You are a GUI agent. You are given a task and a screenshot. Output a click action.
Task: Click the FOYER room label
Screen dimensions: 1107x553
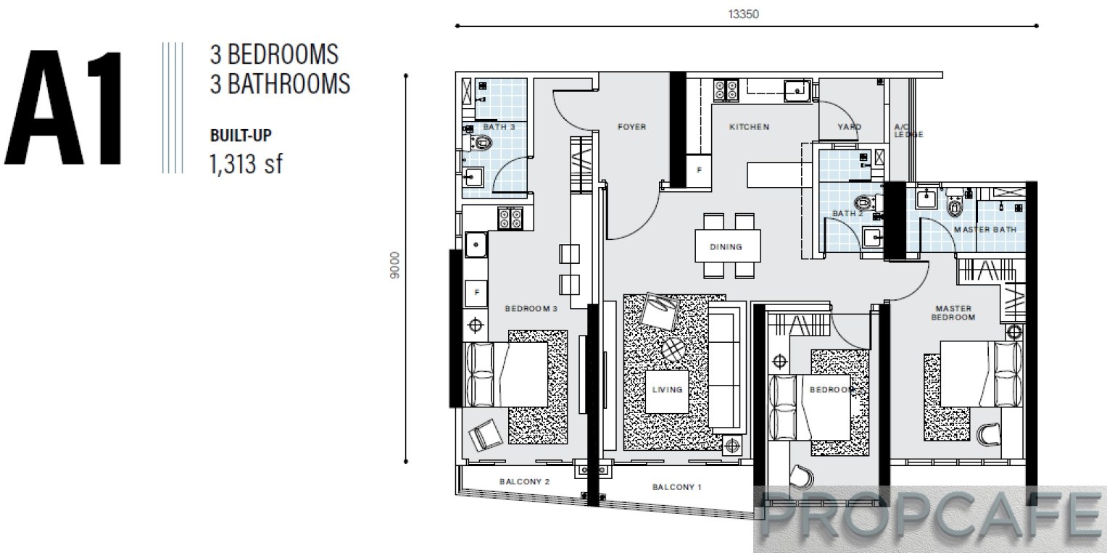pyautogui.click(x=631, y=127)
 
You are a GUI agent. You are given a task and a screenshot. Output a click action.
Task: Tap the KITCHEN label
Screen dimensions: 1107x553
pyautogui.click(x=749, y=127)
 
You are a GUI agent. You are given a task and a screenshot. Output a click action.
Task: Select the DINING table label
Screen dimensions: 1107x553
pyautogui.click(x=726, y=246)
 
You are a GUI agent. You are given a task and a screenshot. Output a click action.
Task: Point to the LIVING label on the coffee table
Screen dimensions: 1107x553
pyautogui.click(x=667, y=389)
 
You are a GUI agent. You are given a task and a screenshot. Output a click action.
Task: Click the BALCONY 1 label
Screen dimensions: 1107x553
pyautogui.click(x=676, y=487)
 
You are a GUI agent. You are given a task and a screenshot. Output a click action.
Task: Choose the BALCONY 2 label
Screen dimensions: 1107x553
pyautogui.click(x=524, y=481)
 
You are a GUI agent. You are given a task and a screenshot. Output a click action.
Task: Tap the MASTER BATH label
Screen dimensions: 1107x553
pyautogui.click(x=985, y=229)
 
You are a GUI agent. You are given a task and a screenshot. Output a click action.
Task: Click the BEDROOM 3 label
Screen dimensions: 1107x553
pyautogui.click(x=531, y=308)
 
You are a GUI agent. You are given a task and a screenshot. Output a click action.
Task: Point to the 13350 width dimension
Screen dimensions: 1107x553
pyautogui.click(x=743, y=14)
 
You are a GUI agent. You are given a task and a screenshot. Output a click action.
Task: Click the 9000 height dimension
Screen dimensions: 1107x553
pyautogui.click(x=394, y=265)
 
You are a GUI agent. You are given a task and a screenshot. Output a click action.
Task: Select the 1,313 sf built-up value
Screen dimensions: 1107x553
pyautogui.click(x=246, y=164)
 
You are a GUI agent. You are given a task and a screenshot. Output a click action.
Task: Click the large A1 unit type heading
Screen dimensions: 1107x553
pyautogui.click(x=63, y=107)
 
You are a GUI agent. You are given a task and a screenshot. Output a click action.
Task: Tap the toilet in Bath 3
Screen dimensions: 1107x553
pyautogui.click(x=481, y=144)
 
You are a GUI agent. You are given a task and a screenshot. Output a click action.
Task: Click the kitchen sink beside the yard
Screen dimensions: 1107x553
pyautogui.click(x=797, y=91)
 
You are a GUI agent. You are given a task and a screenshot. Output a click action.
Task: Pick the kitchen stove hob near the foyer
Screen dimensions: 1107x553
pyautogui.click(x=726, y=91)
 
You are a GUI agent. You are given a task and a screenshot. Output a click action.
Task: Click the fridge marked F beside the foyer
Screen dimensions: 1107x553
pyautogui.click(x=699, y=170)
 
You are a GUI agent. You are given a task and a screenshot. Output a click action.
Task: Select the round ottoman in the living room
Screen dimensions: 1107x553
pyautogui.click(x=673, y=350)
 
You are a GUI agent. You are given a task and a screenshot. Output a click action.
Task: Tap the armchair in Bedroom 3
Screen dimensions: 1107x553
pyautogui.click(x=485, y=435)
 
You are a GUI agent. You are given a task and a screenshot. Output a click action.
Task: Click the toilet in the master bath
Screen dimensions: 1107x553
pyautogui.click(x=954, y=204)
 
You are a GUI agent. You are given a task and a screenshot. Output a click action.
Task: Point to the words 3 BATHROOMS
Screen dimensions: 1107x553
pyautogui.click(x=281, y=83)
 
